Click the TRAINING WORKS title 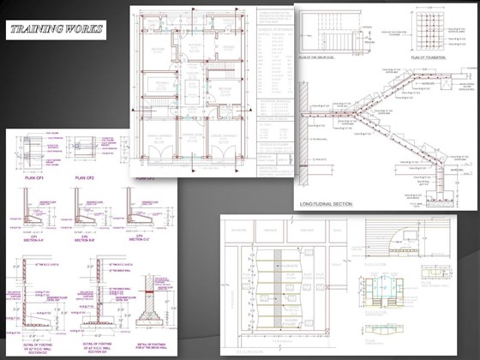click(x=57, y=32)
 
